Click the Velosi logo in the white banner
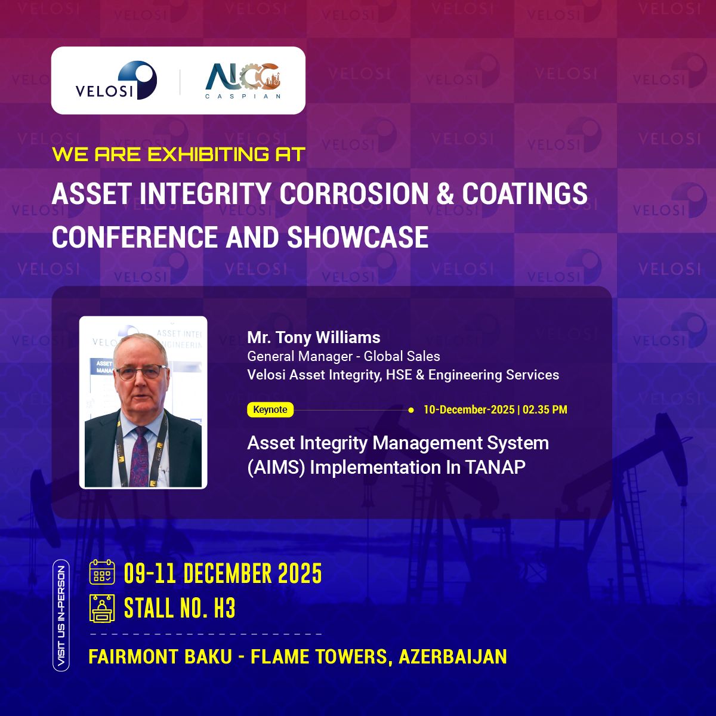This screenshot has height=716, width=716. tap(116, 81)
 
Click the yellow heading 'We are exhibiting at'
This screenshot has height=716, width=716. tap(178, 155)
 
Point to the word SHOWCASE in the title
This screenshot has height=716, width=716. tap(358, 237)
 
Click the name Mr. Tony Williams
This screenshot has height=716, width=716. tap(313, 338)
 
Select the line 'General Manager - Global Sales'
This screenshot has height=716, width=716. tap(344, 357)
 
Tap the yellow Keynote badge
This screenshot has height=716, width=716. tap(270, 410)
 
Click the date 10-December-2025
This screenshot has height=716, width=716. tap(468, 410)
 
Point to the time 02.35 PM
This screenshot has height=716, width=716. tap(545, 410)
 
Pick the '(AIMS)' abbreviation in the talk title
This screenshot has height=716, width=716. tap(276, 467)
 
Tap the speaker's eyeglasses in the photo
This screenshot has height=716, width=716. tap(141, 373)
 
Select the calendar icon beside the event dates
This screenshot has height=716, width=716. tap(102, 572)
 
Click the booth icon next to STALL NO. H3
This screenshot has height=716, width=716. tap(102, 608)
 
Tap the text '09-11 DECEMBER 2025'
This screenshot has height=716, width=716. tap(223, 573)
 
